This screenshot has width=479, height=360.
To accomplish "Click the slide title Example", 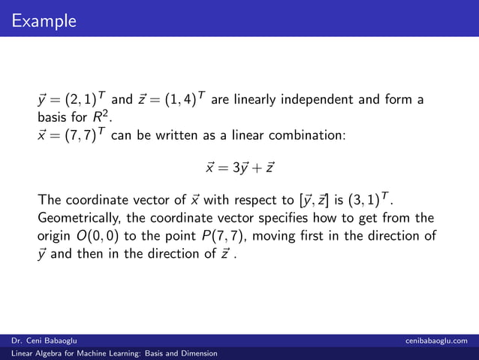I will (44, 20).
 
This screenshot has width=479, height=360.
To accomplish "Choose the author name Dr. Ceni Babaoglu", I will (43, 341).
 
